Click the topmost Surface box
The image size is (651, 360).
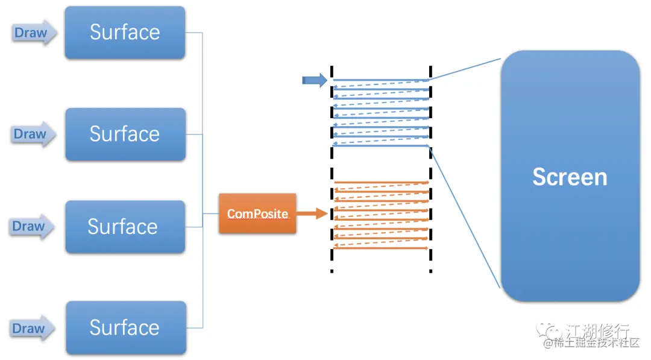coord(125,33)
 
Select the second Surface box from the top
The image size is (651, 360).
coord(125,134)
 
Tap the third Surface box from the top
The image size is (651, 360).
coord(125,227)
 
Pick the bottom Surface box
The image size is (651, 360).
coord(126,327)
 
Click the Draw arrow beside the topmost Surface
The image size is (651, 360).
coord(33,33)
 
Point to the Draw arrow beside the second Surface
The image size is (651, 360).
coord(33,134)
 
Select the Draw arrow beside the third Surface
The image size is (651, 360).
coord(31,226)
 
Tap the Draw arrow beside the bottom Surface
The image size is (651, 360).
coord(32,329)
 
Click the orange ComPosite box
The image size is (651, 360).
coord(257,213)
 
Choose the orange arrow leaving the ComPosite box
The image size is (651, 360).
coord(312,213)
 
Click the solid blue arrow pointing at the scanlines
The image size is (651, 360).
coord(315,80)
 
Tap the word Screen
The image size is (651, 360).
coord(570,177)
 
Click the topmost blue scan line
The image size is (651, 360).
coord(381,80)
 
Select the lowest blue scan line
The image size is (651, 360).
coord(381,146)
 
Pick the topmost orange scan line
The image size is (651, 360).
coord(381,182)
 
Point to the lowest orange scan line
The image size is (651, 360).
coord(381,248)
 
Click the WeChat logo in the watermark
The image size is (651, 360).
coord(548,330)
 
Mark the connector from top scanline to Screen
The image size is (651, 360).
coord(465,69)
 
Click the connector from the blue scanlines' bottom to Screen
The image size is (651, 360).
coord(465,216)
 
